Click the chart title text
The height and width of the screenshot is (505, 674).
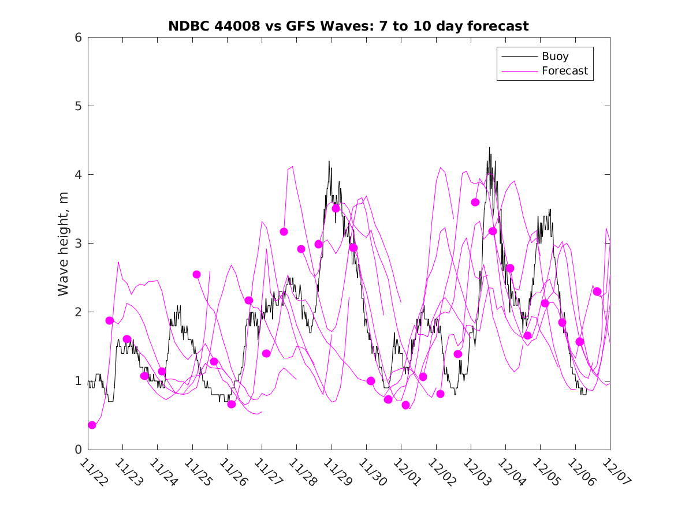tap(348, 26)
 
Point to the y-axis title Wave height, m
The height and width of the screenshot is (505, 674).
tap(64, 244)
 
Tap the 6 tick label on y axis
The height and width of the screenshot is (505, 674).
tap(77, 38)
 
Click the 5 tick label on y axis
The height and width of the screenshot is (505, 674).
tap(77, 106)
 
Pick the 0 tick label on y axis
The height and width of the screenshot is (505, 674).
tap(77, 450)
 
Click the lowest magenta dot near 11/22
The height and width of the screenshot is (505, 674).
tap(92, 425)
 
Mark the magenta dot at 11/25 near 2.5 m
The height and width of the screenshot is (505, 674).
tap(196, 274)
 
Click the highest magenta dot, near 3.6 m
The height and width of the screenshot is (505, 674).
tap(475, 202)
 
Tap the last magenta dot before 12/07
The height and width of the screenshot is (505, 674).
tap(597, 291)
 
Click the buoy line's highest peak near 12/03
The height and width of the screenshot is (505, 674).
tap(489, 148)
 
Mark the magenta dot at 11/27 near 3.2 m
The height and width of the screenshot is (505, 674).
tap(284, 231)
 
